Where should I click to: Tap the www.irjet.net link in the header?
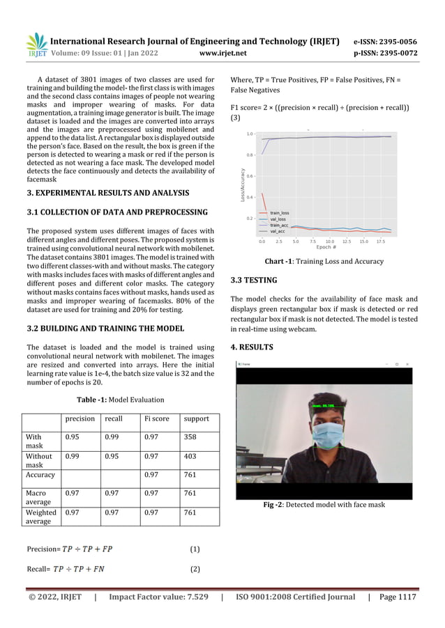[223, 52]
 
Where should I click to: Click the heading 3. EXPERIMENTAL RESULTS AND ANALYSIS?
[107, 192]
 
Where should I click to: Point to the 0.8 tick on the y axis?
[250, 155]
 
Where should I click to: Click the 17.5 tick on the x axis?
[380, 242]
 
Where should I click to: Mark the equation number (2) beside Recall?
[195, 569]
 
